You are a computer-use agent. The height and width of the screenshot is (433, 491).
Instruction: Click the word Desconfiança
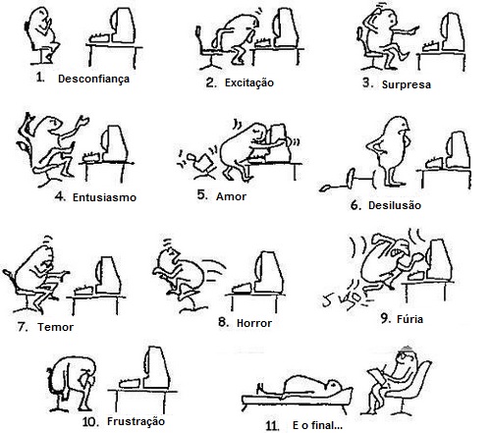[x=93, y=80]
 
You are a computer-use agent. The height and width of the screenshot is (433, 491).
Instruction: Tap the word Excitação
[x=249, y=83]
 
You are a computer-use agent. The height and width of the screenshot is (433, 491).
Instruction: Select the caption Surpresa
[x=407, y=84]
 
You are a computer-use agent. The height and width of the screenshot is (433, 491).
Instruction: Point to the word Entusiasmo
[x=104, y=197]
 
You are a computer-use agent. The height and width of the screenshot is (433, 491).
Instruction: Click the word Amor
[x=231, y=196]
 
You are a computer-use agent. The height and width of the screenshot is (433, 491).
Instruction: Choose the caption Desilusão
[x=395, y=205]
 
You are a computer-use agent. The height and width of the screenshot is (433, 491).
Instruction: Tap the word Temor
[x=55, y=327]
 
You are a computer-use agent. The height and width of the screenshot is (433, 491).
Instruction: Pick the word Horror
[x=254, y=323]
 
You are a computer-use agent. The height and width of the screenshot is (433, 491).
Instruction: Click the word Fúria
[x=409, y=319]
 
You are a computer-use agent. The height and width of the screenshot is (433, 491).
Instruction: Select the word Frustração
[x=136, y=421]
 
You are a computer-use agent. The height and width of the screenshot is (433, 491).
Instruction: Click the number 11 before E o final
[x=272, y=426]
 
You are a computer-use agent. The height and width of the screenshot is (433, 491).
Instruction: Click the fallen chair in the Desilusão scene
[x=348, y=180]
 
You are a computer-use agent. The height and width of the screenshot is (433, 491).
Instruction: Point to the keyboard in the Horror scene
[x=243, y=288]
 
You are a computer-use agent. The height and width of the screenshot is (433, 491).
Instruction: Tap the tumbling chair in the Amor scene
[x=198, y=163]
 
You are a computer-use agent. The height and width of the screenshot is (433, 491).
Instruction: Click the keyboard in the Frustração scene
[x=132, y=383]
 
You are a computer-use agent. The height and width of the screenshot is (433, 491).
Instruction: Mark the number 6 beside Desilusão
[x=355, y=205]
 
